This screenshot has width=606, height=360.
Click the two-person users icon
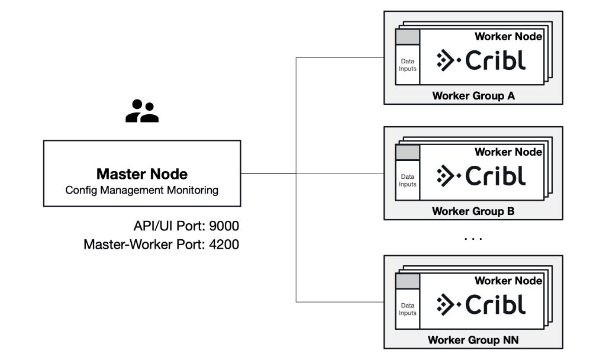click(142, 111)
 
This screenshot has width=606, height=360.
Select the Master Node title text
click(142, 175)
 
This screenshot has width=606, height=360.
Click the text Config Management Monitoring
click(142, 190)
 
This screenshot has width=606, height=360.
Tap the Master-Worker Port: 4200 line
click(162, 243)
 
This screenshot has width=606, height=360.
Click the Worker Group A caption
click(473, 95)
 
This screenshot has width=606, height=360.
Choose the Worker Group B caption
click(473, 211)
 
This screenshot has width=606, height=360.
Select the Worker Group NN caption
click(473, 341)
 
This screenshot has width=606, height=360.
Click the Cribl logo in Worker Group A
click(481, 60)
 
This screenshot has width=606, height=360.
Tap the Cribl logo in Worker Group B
click(481, 176)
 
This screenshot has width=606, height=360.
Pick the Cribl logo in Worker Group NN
click(481, 304)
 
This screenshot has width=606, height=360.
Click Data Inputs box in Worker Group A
click(408, 65)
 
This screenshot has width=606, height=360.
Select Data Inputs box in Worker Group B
click(408, 181)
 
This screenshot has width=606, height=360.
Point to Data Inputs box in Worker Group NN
click(408, 309)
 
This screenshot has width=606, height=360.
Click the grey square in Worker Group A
click(408, 37)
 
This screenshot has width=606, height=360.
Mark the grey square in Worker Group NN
click(408, 282)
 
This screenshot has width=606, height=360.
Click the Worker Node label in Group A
click(508, 37)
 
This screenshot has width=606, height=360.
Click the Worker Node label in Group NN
click(508, 281)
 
